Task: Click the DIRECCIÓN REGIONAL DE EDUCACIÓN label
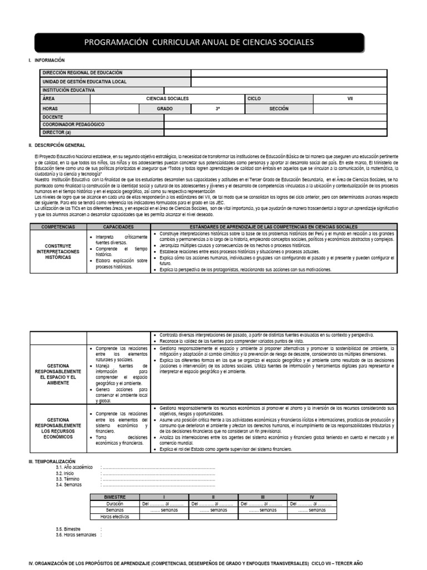pos(82,73)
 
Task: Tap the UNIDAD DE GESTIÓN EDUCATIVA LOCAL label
pos(85,81)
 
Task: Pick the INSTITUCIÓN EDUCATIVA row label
pos(69,90)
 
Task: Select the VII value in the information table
pos(350,99)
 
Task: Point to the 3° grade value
pos(218,109)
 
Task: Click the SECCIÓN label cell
pos(279,109)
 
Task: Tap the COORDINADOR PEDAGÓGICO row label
pos(73,125)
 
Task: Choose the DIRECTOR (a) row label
pos(57,133)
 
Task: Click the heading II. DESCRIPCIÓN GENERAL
pos(57,145)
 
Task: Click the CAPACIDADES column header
pos(118,228)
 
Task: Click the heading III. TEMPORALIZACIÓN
pos(52,461)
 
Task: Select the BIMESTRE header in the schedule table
pos(115,497)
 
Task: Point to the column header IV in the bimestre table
pos(311,497)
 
